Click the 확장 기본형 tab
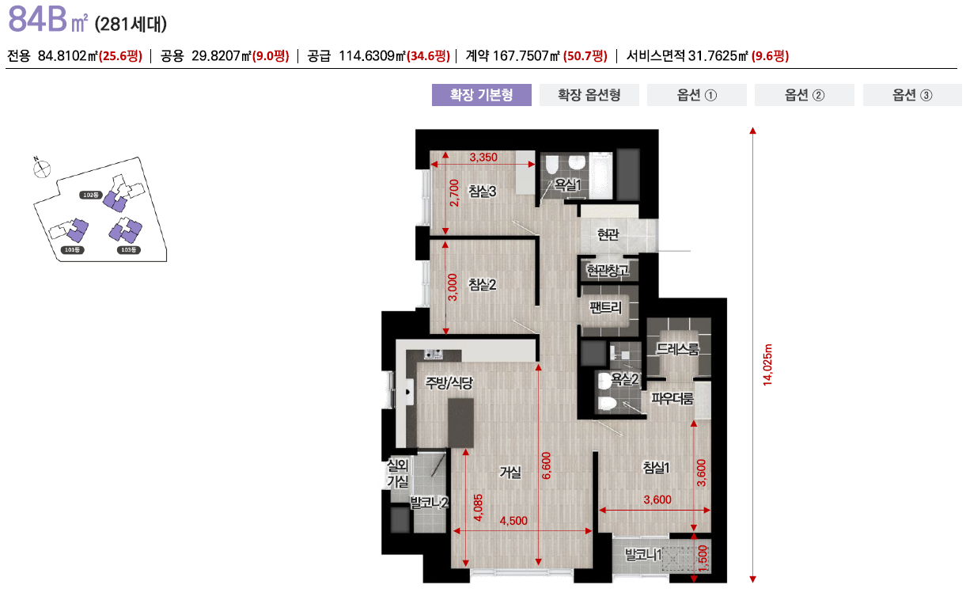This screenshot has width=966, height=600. coord(481,95)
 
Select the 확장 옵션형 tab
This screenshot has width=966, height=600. coord(589,95)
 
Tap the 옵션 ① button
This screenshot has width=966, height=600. coord(696,95)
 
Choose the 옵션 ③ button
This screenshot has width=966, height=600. coord(912,95)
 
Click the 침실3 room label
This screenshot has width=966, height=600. coord(482,191)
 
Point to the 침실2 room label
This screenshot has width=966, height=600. coord(482,284)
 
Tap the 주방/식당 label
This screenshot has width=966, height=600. coord(449,383)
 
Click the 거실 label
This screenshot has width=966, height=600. coord(510,473)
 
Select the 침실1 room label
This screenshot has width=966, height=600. coord(656,467)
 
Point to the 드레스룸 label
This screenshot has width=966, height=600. coord(678,348)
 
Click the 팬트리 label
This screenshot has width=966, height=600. coord(606,307)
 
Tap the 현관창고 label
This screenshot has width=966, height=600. coord(608,271)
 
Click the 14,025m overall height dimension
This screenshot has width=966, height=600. coord(767,364)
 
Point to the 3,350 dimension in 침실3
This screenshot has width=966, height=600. coord(483,157)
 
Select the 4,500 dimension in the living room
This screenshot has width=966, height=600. coord(513,520)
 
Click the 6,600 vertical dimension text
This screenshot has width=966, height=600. coord(547,465)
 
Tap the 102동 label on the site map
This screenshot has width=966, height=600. coord(91,194)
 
